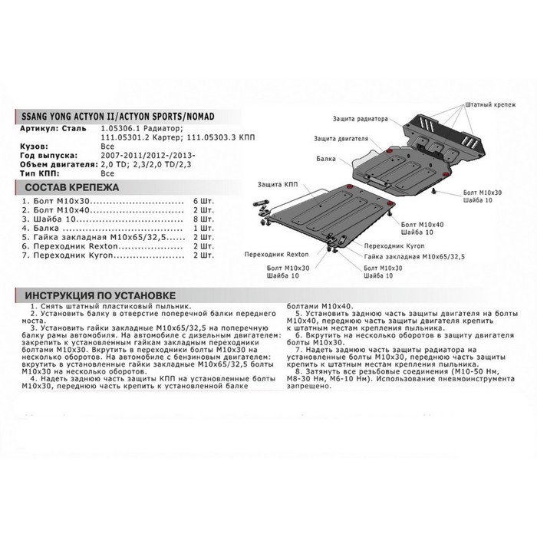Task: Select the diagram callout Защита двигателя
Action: point(362,140)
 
